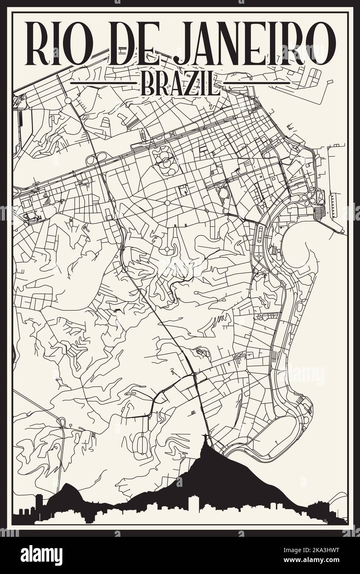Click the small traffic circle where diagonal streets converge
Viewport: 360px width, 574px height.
168,203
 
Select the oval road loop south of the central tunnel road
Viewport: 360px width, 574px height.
142,444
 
